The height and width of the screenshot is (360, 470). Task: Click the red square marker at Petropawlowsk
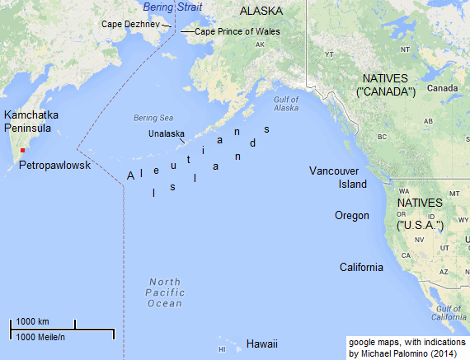click(23, 151)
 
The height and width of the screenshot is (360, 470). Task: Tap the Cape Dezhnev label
click(131, 25)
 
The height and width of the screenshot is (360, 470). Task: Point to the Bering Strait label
click(170, 7)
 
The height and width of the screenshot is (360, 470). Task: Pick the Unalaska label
click(167, 133)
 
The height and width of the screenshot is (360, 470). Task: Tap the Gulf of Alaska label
click(285, 103)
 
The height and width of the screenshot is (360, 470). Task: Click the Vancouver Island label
click(338, 177)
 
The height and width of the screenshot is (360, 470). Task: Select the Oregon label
click(351, 216)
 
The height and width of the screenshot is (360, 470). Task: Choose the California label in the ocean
click(361, 268)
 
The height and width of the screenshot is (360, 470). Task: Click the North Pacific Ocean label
click(164, 292)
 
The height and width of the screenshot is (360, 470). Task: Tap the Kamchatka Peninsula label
click(32, 123)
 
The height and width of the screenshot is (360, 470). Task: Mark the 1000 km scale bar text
click(33, 321)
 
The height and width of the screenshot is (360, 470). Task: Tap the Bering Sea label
click(149, 118)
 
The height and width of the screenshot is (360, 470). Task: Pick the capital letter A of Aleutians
click(130, 176)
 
